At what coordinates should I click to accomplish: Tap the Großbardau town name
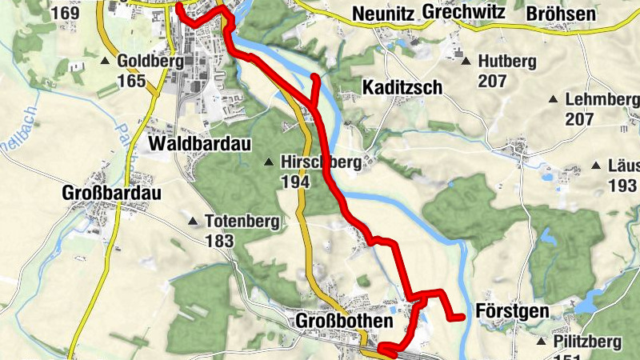[x=111, y=194]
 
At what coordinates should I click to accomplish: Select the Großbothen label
[x=345, y=321]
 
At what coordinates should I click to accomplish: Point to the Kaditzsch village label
[x=402, y=87]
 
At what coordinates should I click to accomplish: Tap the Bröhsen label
[x=561, y=14]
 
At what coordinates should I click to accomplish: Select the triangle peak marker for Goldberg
[x=105, y=61]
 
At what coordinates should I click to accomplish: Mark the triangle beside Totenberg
[x=192, y=221]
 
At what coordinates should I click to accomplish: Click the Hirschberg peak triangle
[x=269, y=162]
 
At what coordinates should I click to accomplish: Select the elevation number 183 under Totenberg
[x=219, y=241]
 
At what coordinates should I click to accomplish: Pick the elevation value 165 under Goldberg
[x=131, y=81]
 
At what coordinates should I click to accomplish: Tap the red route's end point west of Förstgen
[x=462, y=318]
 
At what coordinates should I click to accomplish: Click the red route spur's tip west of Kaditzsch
[x=316, y=78]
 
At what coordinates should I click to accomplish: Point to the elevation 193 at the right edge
[x=621, y=186]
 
